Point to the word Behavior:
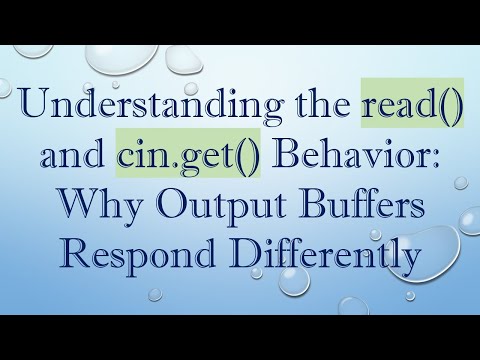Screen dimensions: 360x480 [x=343, y=160]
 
